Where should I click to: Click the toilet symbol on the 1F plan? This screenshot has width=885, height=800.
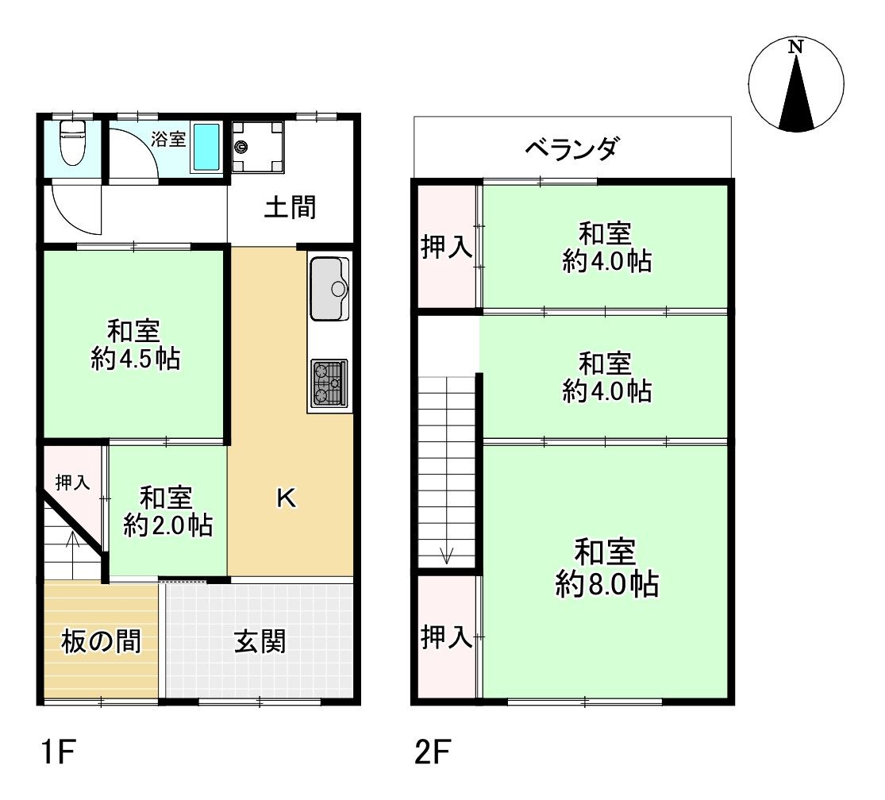pyautogui.click(x=72, y=144)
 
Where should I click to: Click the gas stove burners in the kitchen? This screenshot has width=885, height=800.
pyautogui.click(x=329, y=383)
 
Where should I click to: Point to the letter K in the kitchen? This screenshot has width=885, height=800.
pyautogui.click(x=286, y=498)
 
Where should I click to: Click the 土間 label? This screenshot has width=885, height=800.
pyautogui.click(x=290, y=207)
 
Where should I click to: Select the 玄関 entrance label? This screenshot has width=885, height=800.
pyautogui.click(x=260, y=641)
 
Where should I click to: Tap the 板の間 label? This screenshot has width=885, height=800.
pyautogui.click(x=101, y=641)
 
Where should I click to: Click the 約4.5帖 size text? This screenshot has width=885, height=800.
pyautogui.click(x=135, y=360)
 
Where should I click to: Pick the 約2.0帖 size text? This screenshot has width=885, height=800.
pyautogui.click(x=167, y=525)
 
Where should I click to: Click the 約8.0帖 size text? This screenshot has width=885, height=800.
pyautogui.click(x=606, y=585)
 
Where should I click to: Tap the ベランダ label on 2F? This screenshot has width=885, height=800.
pyautogui.click(x=571, y=148)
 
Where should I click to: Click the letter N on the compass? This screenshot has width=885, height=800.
pyautogui.click(x=795, y=48)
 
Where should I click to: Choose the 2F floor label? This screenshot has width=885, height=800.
pyautogui.click(x=433, y=750)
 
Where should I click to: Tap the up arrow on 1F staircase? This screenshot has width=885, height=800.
pyautogui.click(x=72, y=548)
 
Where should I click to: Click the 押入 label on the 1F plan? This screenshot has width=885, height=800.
pyautogui.click(x=72, y=482)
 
